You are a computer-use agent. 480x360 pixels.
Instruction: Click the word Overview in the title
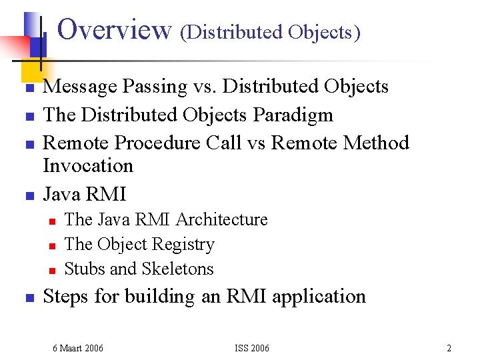(x=115, y=29)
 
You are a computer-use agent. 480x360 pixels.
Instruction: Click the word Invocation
(x=88, y=165)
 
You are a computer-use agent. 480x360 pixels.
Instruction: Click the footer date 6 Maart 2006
(x=78, y=348)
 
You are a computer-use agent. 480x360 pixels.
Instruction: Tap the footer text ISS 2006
(x=252, y=348)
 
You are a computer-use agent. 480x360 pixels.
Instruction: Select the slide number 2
(x=449, y=348)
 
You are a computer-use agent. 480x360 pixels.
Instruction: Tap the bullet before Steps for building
(x=29, y=298)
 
